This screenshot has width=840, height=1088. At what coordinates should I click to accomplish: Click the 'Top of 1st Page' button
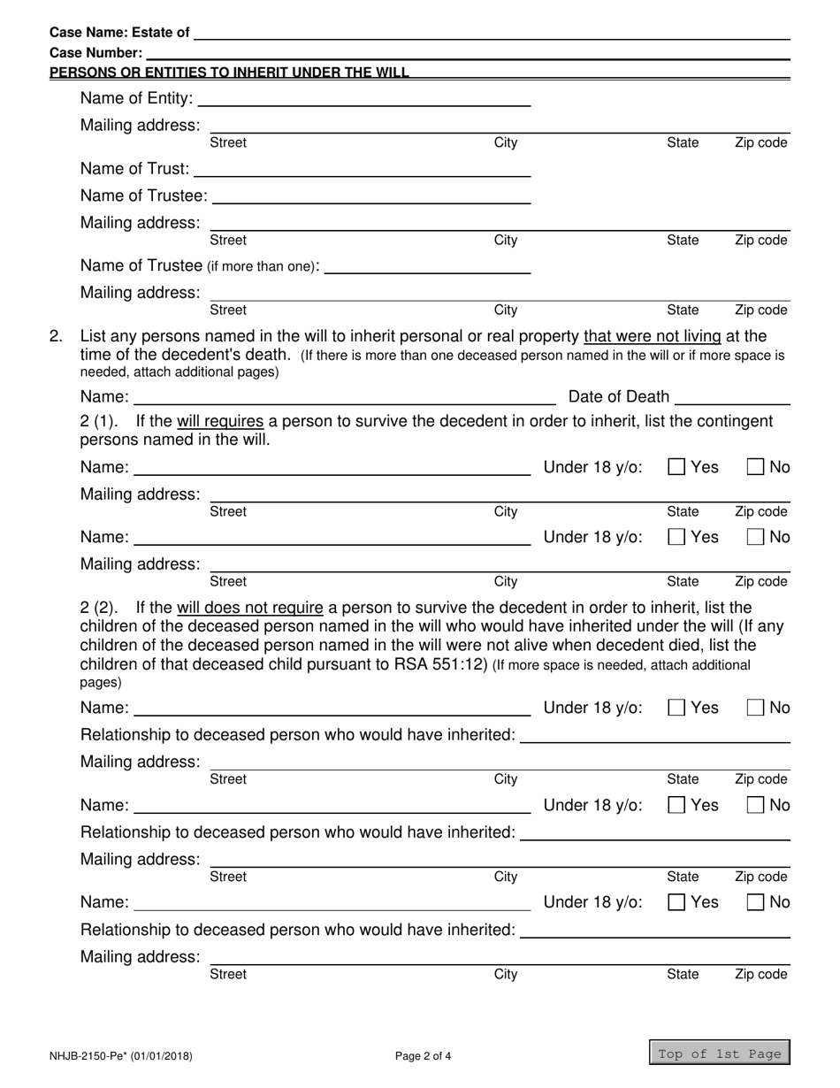coord(720,1053)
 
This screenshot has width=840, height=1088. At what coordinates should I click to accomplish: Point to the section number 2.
coord(57,336)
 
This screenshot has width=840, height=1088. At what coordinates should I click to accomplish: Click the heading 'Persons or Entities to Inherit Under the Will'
coord(230,73)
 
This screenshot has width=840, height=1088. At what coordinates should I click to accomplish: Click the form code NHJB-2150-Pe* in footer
coord(88,1055)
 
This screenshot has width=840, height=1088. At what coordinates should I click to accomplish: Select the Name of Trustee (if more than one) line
coord(428,266)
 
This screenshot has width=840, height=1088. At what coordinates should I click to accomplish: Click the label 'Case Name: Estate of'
coord(119,33)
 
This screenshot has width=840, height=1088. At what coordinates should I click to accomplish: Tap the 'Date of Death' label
coord(619,395)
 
